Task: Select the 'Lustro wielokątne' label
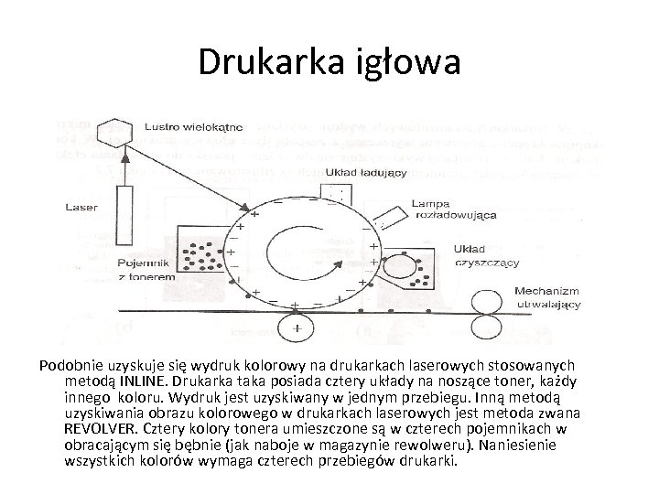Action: [191, 126]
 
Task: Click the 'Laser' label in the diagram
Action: [81, 208]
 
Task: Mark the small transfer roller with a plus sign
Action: [297, 324]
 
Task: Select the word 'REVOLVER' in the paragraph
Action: [98, 428]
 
